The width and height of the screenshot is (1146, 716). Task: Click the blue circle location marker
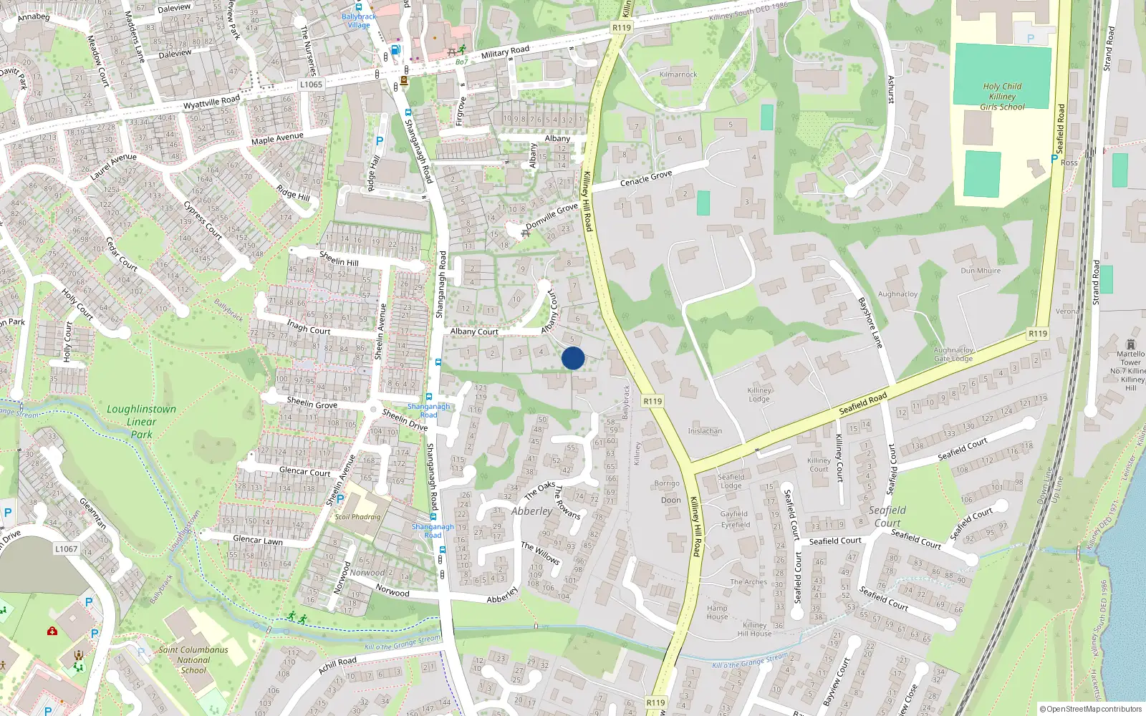573,358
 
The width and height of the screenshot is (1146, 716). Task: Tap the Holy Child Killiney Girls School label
1002,97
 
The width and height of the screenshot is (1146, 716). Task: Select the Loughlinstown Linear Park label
141,421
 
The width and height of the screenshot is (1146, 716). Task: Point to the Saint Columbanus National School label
193,660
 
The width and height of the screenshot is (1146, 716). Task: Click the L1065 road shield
311,84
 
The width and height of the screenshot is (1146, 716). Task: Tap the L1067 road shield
66,549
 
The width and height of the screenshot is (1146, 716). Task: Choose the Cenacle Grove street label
646,178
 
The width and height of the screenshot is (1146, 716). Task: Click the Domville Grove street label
552,216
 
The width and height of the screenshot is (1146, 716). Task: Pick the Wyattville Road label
211,102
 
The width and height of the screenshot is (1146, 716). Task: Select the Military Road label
505,52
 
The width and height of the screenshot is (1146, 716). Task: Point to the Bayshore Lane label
870,322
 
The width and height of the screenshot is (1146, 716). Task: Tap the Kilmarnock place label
678,74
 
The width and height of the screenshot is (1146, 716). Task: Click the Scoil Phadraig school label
357,516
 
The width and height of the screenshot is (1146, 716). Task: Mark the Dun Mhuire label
981,271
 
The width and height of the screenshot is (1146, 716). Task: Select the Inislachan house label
705,431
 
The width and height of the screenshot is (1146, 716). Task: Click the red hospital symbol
52,631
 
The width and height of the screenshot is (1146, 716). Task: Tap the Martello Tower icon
1131,344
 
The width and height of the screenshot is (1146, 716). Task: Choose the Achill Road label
337,666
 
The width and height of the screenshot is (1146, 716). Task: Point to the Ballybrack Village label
359,20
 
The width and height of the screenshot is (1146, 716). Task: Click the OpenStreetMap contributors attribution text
1091,709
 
